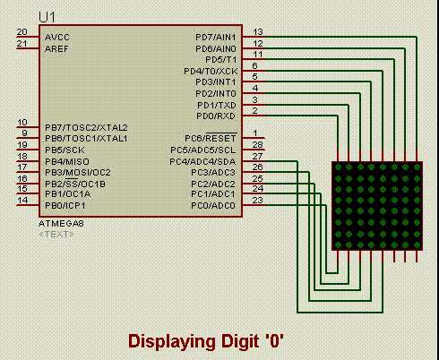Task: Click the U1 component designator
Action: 47,18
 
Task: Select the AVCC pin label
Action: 57,38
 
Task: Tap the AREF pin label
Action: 56,48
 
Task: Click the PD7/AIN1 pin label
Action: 216,38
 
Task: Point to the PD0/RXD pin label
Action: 216,116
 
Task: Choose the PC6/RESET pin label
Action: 211,138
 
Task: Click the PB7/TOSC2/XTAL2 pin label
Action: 86,127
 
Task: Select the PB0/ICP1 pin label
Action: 65,206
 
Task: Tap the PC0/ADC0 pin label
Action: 213,206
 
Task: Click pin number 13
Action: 258,32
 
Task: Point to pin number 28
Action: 257,145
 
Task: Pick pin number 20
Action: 22,32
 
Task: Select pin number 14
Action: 22,201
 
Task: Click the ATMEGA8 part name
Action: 61,224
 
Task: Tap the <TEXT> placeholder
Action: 56,235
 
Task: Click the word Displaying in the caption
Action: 172,341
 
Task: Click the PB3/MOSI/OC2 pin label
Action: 78,173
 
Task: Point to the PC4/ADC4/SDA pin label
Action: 202,161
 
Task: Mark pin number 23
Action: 257,201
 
